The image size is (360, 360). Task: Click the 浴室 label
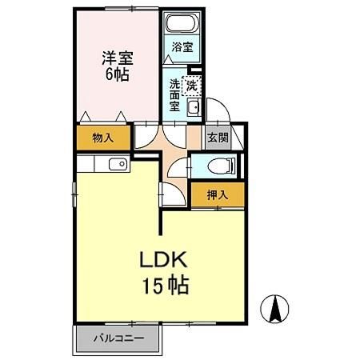[182, 47]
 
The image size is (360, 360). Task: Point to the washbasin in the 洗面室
[193, 108]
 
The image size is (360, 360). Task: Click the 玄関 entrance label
[218, 138]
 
